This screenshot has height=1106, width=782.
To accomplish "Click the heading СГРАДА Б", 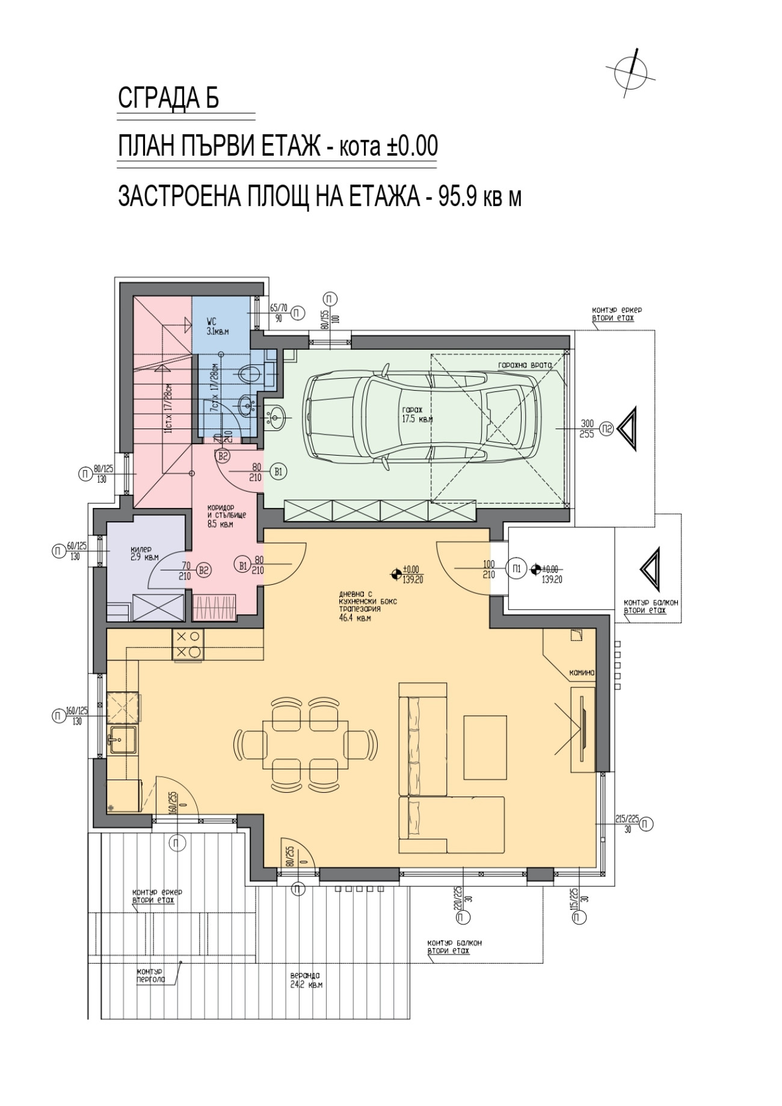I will pyautogui.click(x=168, y=99).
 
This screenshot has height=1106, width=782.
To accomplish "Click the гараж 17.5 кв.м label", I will pyautogui.click(x=417, y=415).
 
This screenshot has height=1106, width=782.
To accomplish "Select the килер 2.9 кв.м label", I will pyautogui.click(x=144, y=554).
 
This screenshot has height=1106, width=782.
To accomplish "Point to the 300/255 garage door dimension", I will pyautogui.click(x=586, y=429).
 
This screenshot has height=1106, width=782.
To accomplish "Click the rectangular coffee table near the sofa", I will pyautogui.click(x=486, y=745).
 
